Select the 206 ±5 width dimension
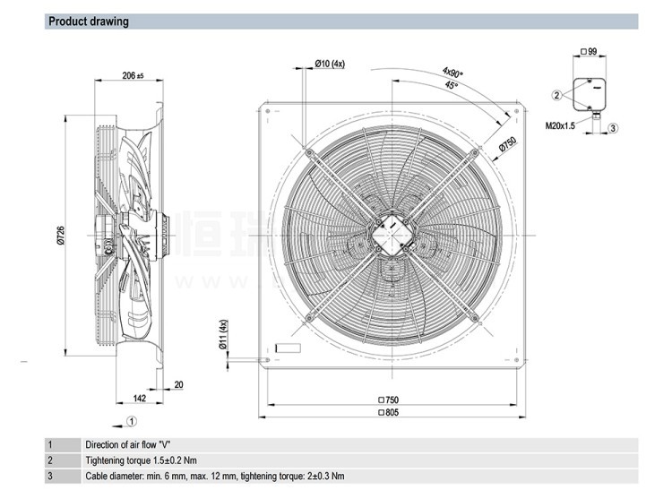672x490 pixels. point(133,76)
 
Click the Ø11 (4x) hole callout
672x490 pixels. point(224,335)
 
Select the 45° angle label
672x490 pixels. point(451,85)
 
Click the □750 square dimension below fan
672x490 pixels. point(388,400)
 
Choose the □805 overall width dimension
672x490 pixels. point(388,412)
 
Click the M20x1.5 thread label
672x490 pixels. point(562,126)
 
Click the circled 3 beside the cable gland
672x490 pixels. point(613,128)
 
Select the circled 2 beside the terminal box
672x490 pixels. point(556,95)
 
